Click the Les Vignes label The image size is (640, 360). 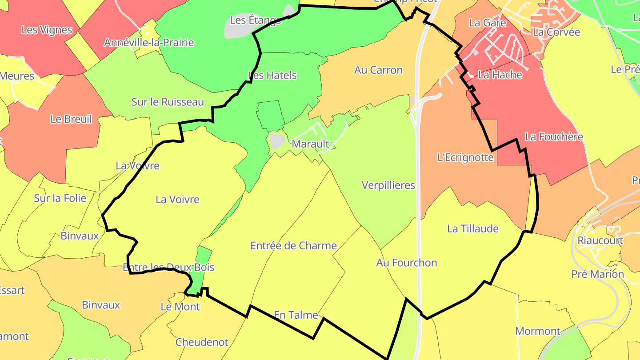[47, 30]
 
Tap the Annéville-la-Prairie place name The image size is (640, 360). [149, 43]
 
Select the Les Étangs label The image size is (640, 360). [256, 20]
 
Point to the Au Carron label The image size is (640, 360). [378, 70]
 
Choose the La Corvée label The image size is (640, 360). [556, 32]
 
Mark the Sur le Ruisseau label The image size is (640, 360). [168, 102]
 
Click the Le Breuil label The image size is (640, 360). [71, 119]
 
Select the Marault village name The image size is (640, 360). [310, 144]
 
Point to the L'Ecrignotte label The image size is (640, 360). [465, 157]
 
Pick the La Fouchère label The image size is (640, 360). [554, 137]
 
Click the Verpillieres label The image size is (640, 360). [388, 185]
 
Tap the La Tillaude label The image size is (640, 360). [472, 229]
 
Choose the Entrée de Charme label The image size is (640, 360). [293, 246]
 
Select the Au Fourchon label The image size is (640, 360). [406, 263]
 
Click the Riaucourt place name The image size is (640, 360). [600, 240]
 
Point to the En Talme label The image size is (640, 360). [296, 315]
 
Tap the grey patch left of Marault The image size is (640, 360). [277, 141]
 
